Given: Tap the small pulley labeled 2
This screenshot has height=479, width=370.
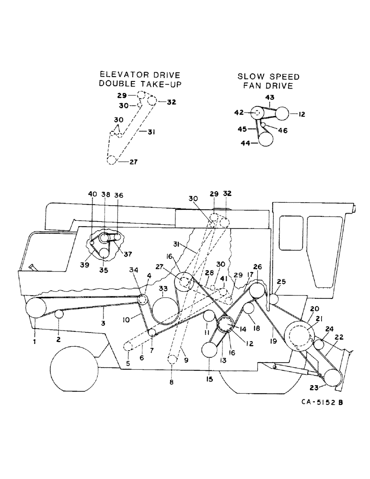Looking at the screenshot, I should [59, 314].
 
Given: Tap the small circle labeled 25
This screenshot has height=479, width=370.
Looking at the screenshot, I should [273, 298].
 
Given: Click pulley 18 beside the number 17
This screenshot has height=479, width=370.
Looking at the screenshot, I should [249, 308].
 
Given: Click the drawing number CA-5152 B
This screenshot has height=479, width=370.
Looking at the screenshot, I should [314, 403].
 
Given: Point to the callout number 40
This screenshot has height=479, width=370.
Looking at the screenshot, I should [92, 194].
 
